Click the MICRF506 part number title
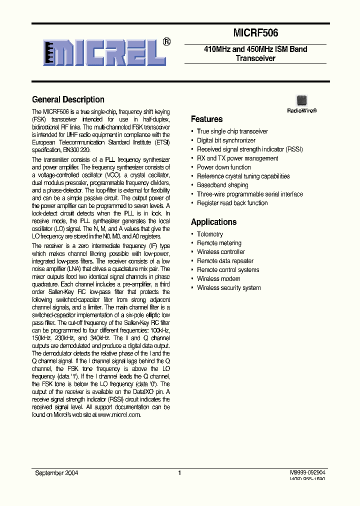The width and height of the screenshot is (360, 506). coord(255,33)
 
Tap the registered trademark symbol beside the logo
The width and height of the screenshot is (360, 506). coord(167,42)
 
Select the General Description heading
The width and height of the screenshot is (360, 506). coord(68,99)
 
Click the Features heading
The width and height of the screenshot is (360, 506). coord(206,119)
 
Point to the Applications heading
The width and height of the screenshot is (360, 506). coord(213,222)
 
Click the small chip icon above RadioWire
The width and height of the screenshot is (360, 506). coord(301,100)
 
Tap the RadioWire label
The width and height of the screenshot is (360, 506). coord(301,111)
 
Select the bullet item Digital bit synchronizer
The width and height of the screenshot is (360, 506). coord(226,140)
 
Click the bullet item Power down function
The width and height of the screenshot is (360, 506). coord(223,167)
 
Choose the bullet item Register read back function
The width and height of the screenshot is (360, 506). coord(232,203)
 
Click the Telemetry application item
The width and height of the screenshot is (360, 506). coord(210,234)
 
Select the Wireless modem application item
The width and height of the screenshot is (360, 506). coord(218,278)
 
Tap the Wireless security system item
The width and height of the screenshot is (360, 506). coord(228,287)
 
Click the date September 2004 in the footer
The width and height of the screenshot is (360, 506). coord(56,472)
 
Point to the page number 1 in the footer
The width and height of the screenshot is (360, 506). coord(179,472)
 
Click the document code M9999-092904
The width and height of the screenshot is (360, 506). coord(307,472)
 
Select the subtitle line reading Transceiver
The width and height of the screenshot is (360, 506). coord(255,58)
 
